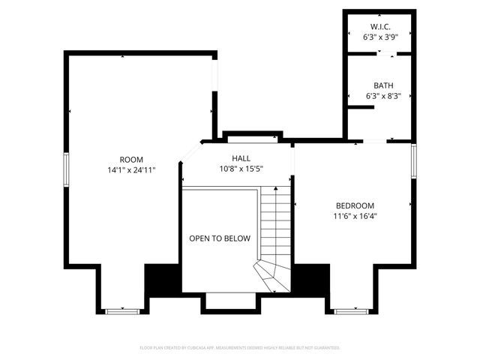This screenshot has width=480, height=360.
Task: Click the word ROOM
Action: pos(131,159)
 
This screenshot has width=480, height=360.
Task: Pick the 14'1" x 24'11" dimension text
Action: pos(131,169)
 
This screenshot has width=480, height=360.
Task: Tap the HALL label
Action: pos(241,158)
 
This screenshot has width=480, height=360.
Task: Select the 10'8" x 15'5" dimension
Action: pos(241,169)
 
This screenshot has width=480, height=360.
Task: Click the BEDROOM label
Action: pos(355,205)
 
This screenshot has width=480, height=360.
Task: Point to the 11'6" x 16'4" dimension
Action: pos(355,216)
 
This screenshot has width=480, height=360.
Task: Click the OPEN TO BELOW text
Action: pos(219,238)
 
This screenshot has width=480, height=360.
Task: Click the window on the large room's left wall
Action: pos(66,169)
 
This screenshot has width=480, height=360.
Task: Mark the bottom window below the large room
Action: pos(121,310)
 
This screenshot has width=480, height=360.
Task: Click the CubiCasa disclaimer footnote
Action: pos(240,348)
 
